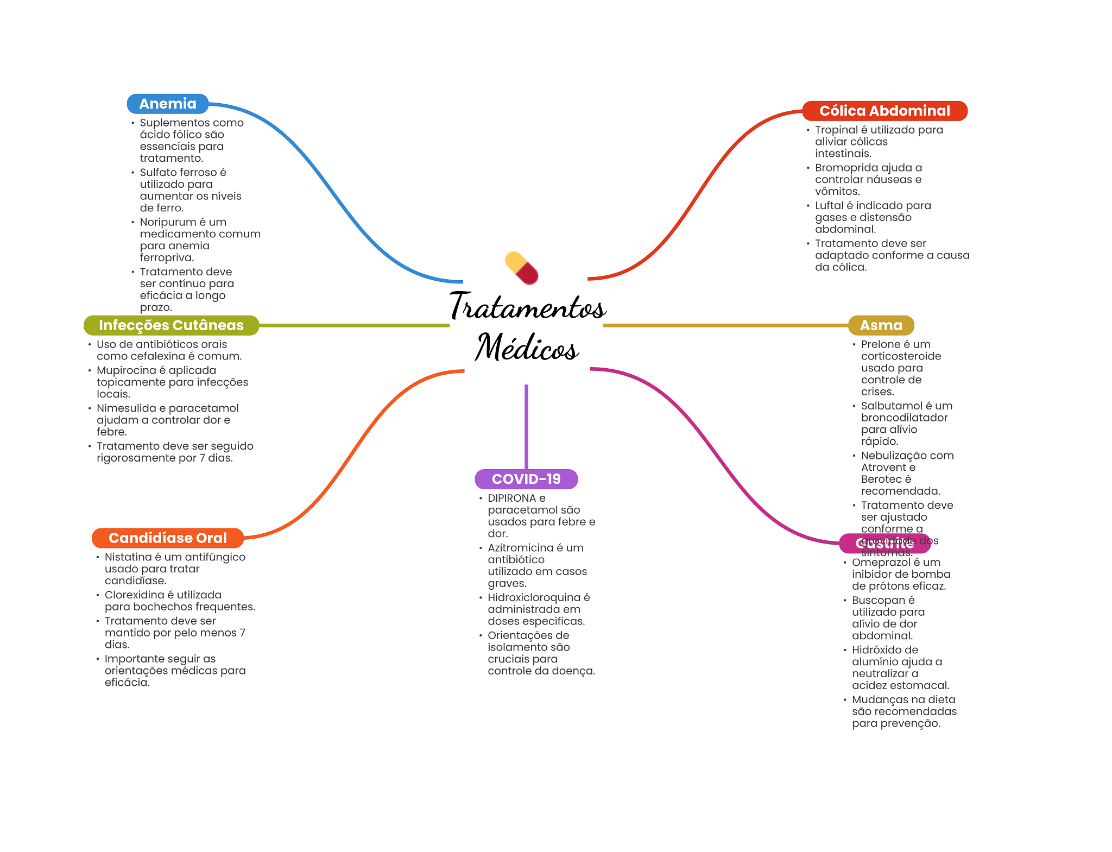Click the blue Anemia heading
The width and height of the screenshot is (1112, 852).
point(167,104)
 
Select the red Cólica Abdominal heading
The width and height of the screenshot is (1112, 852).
point(884,111)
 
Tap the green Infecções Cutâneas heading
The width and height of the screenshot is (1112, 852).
point(171,325)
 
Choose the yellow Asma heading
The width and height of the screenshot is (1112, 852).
point(881,325)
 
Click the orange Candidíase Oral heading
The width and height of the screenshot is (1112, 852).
point(167,538)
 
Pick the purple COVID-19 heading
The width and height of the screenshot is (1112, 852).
point(526,479)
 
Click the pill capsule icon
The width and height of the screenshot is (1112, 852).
point(521,268)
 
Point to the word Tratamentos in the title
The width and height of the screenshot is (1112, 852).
point(527,307)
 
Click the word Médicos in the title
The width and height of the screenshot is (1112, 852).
point(527,348)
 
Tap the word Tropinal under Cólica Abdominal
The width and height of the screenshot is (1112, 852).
point(836,130)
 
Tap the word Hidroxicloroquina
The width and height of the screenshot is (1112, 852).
point(534,597)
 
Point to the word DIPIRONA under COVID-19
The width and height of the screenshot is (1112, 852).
point(511,498)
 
